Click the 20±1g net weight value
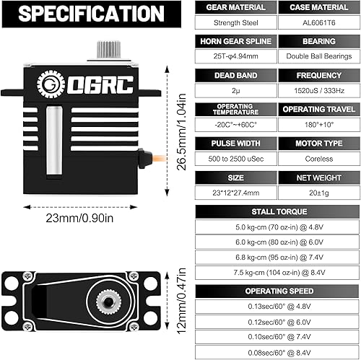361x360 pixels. [317, 192]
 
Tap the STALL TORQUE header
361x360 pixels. [276, 211]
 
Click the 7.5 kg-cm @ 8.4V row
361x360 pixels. [276, 273]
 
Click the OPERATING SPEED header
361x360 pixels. [276, 290]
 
